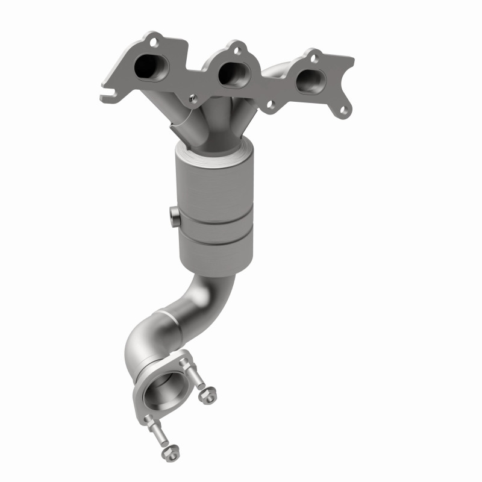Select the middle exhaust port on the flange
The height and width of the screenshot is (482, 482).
click(232, 73)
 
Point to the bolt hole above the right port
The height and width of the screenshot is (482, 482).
click(313, 57)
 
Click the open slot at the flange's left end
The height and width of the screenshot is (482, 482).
click(107, 95)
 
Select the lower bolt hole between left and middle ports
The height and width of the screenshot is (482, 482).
click(192, 97)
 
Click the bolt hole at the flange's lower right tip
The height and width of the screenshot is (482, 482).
click(344, 110)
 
